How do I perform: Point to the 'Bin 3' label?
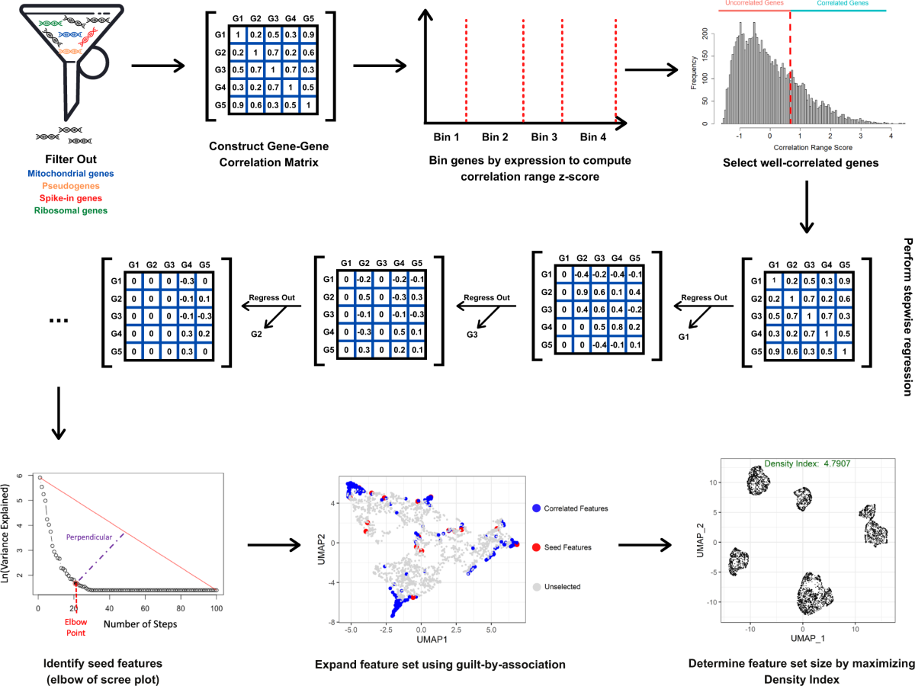[544, 137]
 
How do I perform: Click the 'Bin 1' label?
[447, 137]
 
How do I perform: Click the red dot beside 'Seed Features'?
[538, 547]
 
